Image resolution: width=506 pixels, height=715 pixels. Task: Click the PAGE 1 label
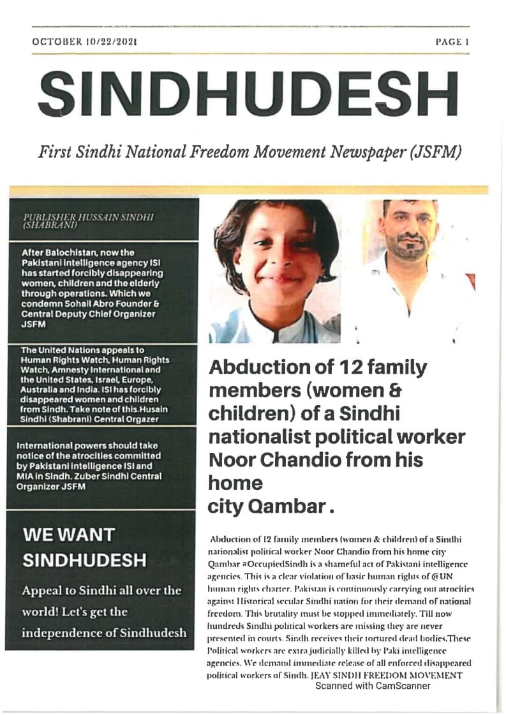coord(452,42)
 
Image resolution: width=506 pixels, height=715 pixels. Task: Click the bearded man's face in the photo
coord(408,226)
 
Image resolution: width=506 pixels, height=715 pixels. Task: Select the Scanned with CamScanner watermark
coord(373,686)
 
